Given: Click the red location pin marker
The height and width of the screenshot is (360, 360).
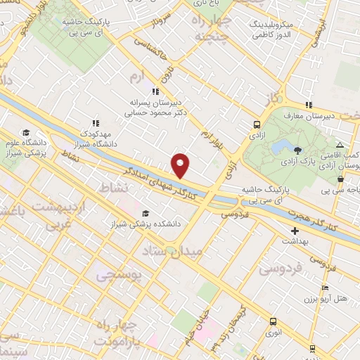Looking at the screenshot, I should point(181,165).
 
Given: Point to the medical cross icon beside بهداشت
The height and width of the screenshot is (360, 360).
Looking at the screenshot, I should point(294,230).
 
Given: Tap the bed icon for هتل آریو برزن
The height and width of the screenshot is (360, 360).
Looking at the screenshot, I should point(324,288).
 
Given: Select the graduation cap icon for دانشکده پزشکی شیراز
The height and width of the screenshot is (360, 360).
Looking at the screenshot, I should point(146,213).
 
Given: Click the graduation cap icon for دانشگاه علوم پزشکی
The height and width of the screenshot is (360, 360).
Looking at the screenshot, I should point(25,132).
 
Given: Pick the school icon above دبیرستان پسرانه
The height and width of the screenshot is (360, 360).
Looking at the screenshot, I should point(156,91).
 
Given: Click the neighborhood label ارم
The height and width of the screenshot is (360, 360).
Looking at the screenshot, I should point(136,74).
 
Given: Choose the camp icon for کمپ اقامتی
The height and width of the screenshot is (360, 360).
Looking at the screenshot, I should point(340,143).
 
